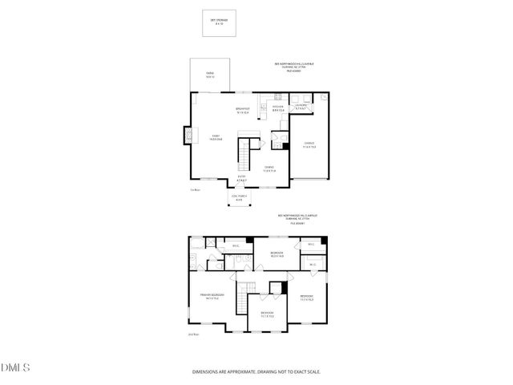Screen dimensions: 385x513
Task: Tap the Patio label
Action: coord(210,75)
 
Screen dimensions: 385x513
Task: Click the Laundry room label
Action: coord(301,107)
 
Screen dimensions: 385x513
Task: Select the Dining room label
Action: coord(269,168)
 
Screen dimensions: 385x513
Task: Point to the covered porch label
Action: coord(237,199)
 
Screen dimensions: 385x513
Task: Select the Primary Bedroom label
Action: coord(212,296)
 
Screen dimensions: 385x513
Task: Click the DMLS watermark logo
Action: coord(15,368)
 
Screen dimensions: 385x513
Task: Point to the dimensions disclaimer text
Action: coord(256,371)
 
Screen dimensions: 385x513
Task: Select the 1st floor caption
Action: coord(194,190)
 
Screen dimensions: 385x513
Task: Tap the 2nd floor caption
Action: coord(192,334)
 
